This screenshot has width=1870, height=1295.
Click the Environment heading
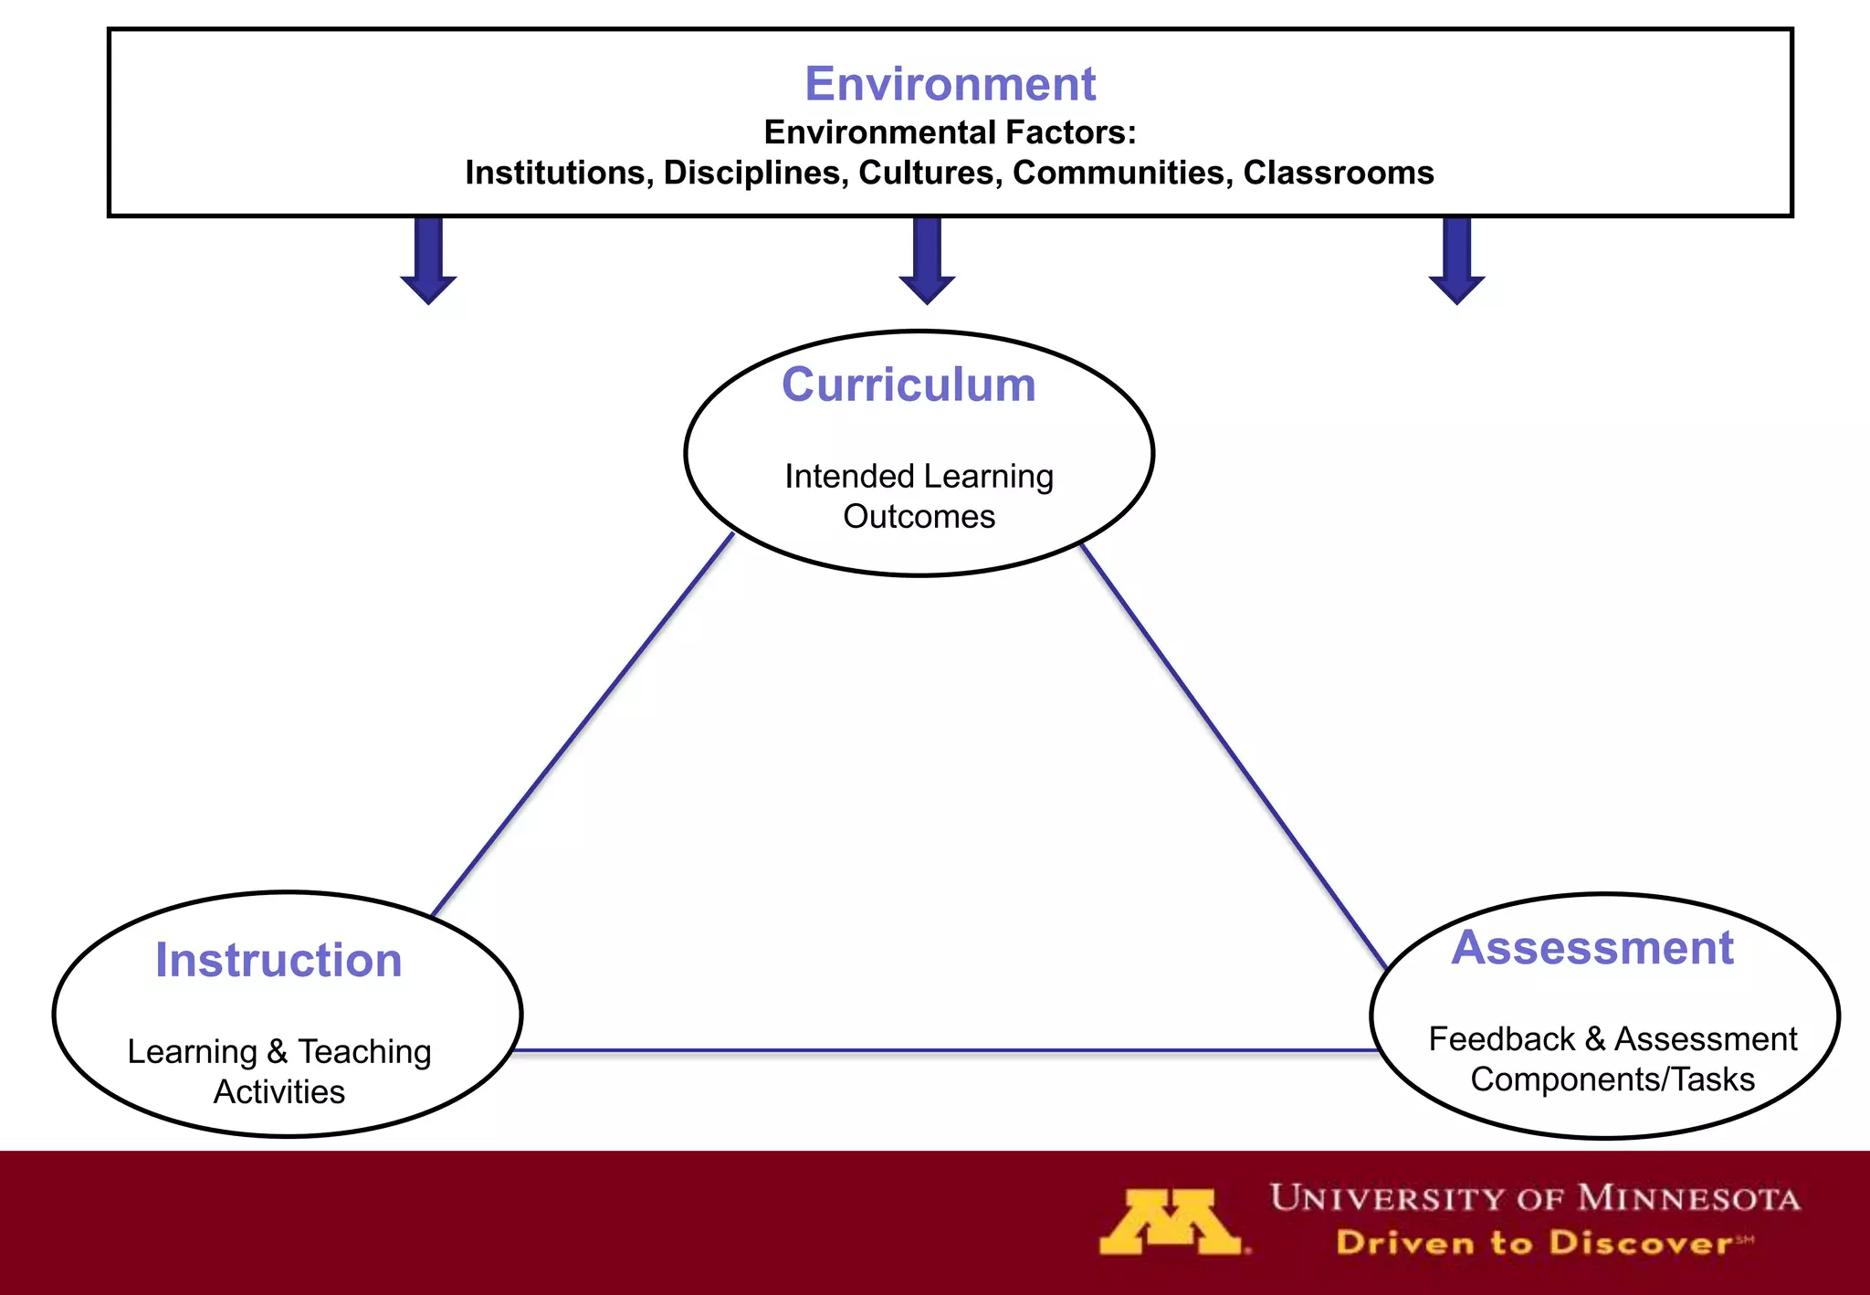click(950, 84)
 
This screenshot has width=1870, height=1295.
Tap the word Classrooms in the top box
click(1338, 173)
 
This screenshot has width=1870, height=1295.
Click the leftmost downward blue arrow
click(428, 260)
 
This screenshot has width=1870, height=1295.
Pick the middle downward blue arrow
click(927, 260)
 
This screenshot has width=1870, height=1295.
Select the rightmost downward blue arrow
click(1456, 260)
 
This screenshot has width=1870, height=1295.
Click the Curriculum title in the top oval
click(909, 384)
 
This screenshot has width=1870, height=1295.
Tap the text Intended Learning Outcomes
click(919, 496)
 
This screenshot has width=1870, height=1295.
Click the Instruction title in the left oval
click(278, 960)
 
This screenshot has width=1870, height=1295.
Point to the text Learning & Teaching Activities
click(279, 1071)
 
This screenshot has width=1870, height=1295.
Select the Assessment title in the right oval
click(1592, 947)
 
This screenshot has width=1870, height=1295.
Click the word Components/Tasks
click(1613, 1079)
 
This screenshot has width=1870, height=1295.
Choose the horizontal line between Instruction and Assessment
click(945, 1051)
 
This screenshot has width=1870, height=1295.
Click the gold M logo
click(1171, 1221)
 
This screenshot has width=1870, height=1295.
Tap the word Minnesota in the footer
click(1688, 1197)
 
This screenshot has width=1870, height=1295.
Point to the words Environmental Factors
click(950, 132)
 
